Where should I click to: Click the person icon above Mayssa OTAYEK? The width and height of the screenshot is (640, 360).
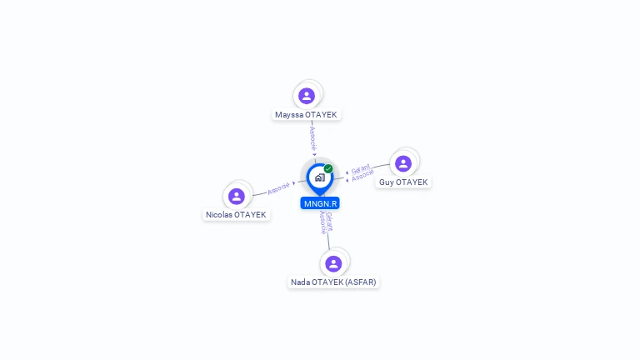307,96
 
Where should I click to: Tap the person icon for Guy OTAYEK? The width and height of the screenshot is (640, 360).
403,163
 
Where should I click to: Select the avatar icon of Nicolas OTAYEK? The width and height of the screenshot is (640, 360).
237,196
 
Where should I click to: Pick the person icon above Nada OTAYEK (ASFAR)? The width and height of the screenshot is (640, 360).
333,263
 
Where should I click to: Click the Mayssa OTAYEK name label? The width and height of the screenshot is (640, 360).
307,115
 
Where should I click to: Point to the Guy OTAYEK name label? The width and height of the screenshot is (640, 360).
403,182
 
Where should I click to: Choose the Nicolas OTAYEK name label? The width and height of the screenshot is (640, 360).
237,215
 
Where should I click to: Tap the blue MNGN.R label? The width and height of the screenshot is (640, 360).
320,203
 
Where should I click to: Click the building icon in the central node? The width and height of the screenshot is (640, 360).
319,177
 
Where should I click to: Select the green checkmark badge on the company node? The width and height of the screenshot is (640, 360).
328,168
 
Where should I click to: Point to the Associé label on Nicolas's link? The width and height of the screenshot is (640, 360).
279,187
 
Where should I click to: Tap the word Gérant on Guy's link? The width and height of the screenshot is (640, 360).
361,168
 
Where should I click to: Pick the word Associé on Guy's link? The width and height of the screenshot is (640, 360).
363,176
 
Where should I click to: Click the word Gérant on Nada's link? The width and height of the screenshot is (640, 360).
329,221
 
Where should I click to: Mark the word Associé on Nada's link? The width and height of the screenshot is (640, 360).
323,222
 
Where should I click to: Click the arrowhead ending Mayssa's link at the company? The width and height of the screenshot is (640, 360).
314,154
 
